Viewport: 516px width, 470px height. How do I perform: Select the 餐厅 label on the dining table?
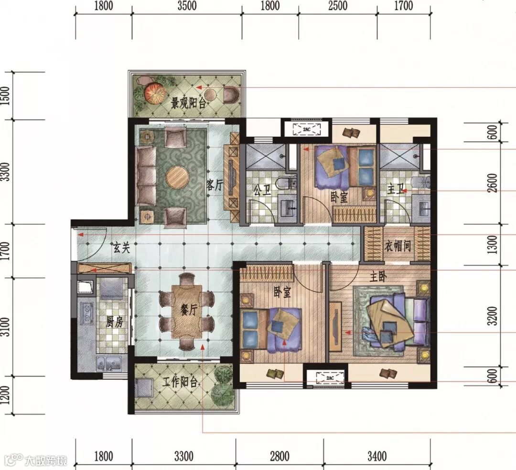[189, 309]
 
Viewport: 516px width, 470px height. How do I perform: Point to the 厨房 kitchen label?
[115, 322]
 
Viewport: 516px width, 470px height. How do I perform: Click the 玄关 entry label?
[121, 248]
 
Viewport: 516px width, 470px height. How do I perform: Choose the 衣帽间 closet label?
[398, 246]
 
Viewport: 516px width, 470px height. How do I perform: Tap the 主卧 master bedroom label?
[378, 277]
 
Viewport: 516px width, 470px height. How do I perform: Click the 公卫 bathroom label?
[262, 190]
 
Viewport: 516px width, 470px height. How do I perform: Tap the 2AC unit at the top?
[307, 129]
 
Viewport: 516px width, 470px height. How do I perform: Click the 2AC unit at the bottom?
[330, 378]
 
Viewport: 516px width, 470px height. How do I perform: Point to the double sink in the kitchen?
[109, 363]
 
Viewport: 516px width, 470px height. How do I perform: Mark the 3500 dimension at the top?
[187, 6]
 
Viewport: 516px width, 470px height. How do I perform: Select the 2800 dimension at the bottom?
[279, 456]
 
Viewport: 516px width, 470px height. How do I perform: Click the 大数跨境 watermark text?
[46, 460]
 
